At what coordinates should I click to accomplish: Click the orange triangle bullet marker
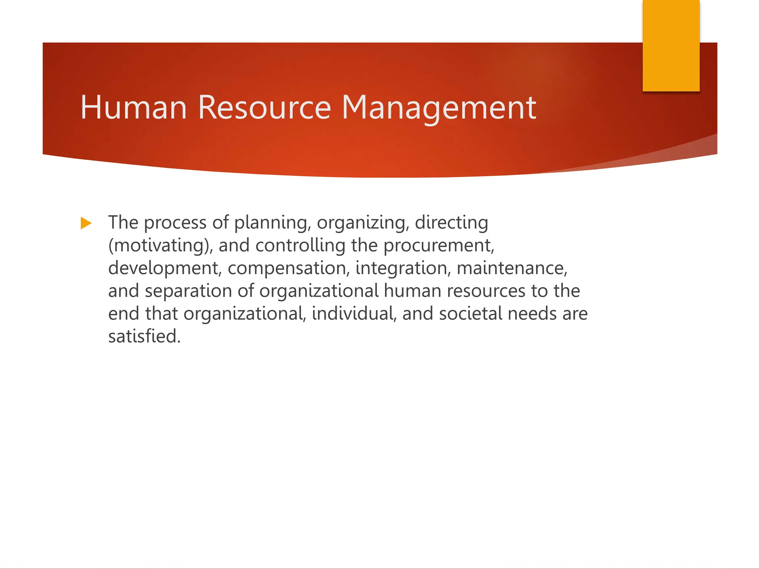tap(86, 223)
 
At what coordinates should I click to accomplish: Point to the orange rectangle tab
tap(671, 45)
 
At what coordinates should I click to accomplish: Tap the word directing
tap(451, 223)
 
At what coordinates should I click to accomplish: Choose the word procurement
tap(439, 246)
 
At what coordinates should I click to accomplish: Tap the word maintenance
tap(512, 269)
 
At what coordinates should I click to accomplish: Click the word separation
tap(189, 291)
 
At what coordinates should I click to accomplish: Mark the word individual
tap(354, 314)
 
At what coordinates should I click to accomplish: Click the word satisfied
tap(144, 336)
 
